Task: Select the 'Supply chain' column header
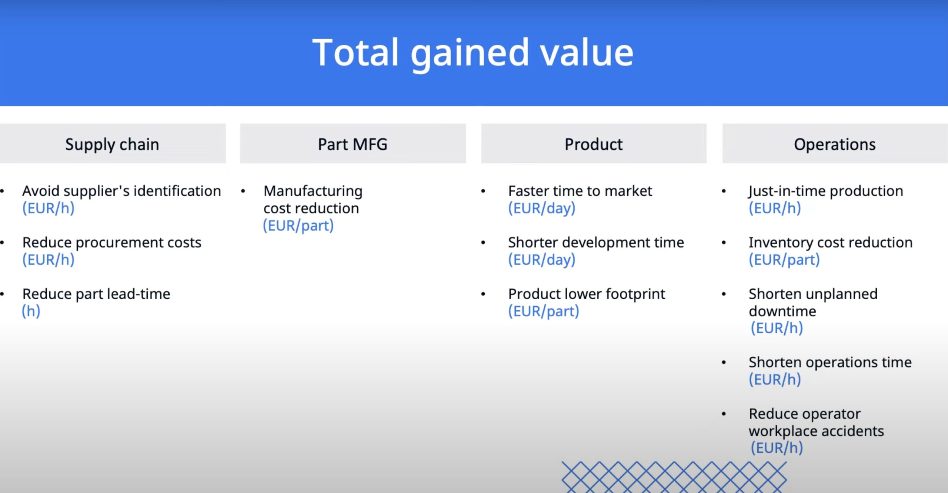pos(112,144)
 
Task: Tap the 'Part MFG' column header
pos(353,144)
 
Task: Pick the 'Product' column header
pos(594,144)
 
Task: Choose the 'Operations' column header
pos(835,144)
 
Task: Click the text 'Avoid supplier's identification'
pos(121,191)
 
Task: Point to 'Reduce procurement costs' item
pos(112,243)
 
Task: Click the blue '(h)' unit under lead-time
pos(31,311)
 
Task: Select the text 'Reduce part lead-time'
pos(96,294)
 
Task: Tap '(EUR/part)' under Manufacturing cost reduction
pos(298,226)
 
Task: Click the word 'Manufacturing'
pos(313,191)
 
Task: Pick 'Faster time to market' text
pos(580,191)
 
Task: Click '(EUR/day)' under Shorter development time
pos(542,260)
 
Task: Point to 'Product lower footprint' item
pos(587,294)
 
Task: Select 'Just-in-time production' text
pos(826,191)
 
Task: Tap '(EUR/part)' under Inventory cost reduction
pos(784,260)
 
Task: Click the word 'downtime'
pos(782,311)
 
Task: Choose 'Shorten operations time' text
pos(830,362)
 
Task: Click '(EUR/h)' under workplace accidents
pos(777,448)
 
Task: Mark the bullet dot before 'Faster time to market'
pos(483,191)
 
